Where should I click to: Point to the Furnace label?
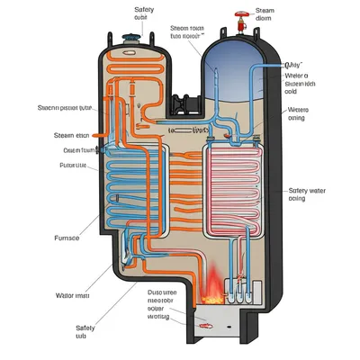(x=68, y=239)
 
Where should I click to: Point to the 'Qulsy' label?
(x=292, y=65)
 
